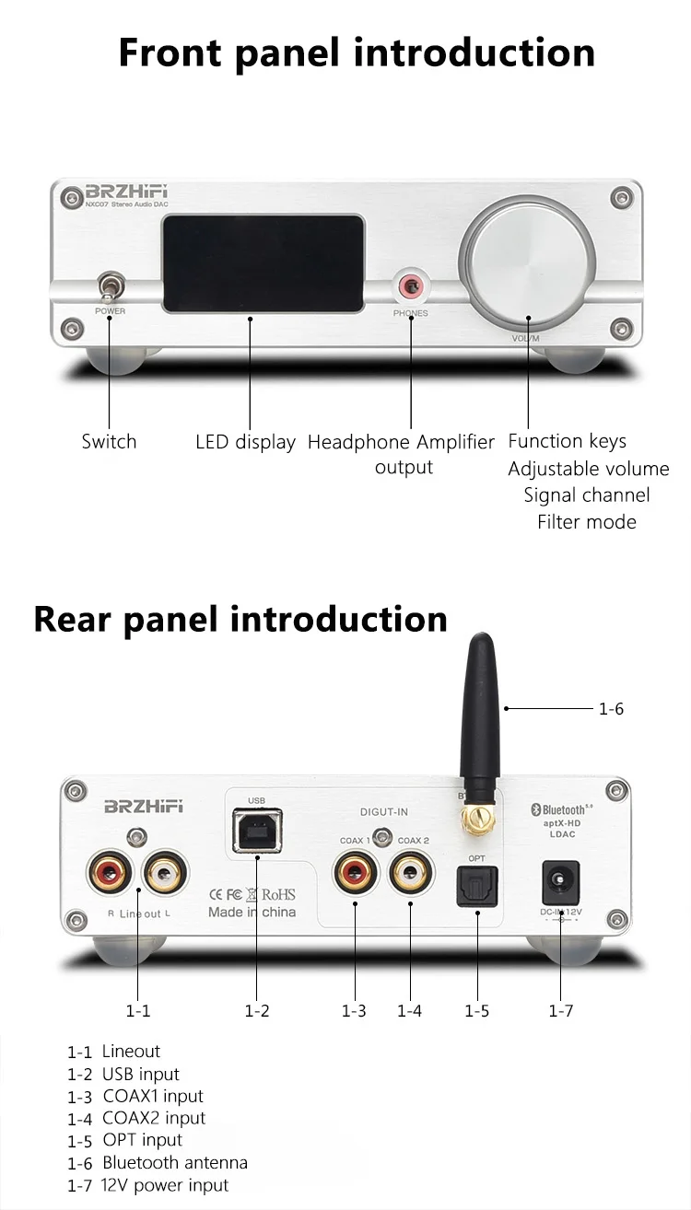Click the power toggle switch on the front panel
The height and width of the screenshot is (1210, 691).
tap(109, 287)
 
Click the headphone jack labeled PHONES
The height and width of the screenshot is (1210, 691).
tap(408, 288)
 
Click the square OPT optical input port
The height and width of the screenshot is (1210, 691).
tap(477, 888)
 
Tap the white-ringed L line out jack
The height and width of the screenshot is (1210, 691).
tap(164, 873)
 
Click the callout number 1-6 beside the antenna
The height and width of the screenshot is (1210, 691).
tap(611, 709)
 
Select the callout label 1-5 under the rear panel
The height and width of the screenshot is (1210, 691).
tap(476, 1011)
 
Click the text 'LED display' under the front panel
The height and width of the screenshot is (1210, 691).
tap(245, 442)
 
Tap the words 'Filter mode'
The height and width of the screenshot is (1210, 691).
tap(587, 522)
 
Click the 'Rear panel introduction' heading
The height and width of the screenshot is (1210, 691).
tap(240, 619)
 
